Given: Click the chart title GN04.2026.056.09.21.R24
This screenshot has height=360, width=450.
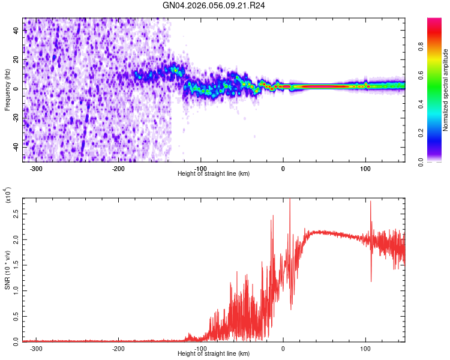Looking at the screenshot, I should (x=214, y=5).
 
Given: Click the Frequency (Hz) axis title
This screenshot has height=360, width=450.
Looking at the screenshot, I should (x=7, y=89).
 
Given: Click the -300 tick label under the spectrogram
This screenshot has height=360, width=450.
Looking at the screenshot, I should (x=36, y=169).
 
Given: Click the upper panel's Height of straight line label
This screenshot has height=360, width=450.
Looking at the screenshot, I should (x=214, y=173).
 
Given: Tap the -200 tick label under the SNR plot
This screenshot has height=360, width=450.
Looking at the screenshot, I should (x=118, y=348).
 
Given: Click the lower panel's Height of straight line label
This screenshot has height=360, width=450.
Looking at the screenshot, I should (x=214, y=353).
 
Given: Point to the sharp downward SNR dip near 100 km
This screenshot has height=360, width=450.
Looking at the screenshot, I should (x=371, y=281).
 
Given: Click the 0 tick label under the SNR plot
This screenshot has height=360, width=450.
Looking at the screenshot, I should (x=283, y=348).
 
